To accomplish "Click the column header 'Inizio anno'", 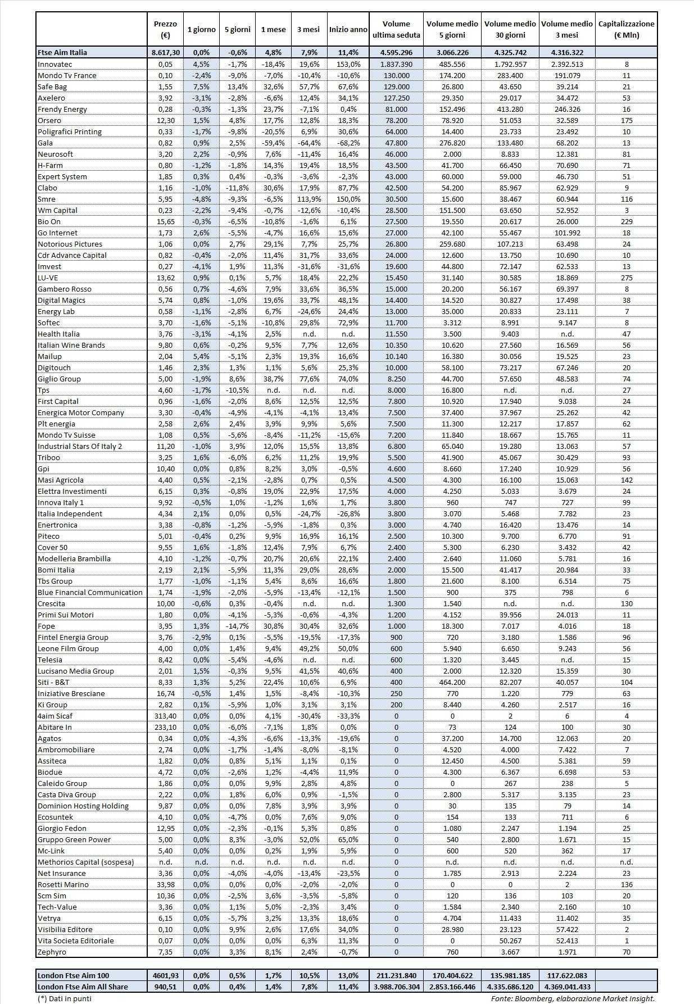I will click(348, 30).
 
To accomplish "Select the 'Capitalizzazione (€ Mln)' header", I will click(626, 30).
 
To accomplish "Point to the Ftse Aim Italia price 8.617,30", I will click(165, 52).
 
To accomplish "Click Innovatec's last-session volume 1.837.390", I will click(396, 64).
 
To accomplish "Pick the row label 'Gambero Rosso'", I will click(64, 289).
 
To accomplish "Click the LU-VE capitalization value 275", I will click(627, 278).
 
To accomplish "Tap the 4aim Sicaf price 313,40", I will click(165, 716).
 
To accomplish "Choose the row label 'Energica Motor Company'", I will click(80, 412).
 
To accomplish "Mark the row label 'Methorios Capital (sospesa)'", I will click(85, 862).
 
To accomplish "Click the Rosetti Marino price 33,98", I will click(165, 884).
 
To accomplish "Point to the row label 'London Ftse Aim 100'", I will click(74, 975).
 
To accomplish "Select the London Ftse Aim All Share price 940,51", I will click(165, 987).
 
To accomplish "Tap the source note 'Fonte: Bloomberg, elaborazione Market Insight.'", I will click(573, 998).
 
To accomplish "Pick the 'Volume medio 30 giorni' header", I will click(510, 30).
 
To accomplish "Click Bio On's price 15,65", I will click(165, 221).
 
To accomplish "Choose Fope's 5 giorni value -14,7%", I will click(237, 626).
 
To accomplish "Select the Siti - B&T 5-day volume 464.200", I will click(452, 682).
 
